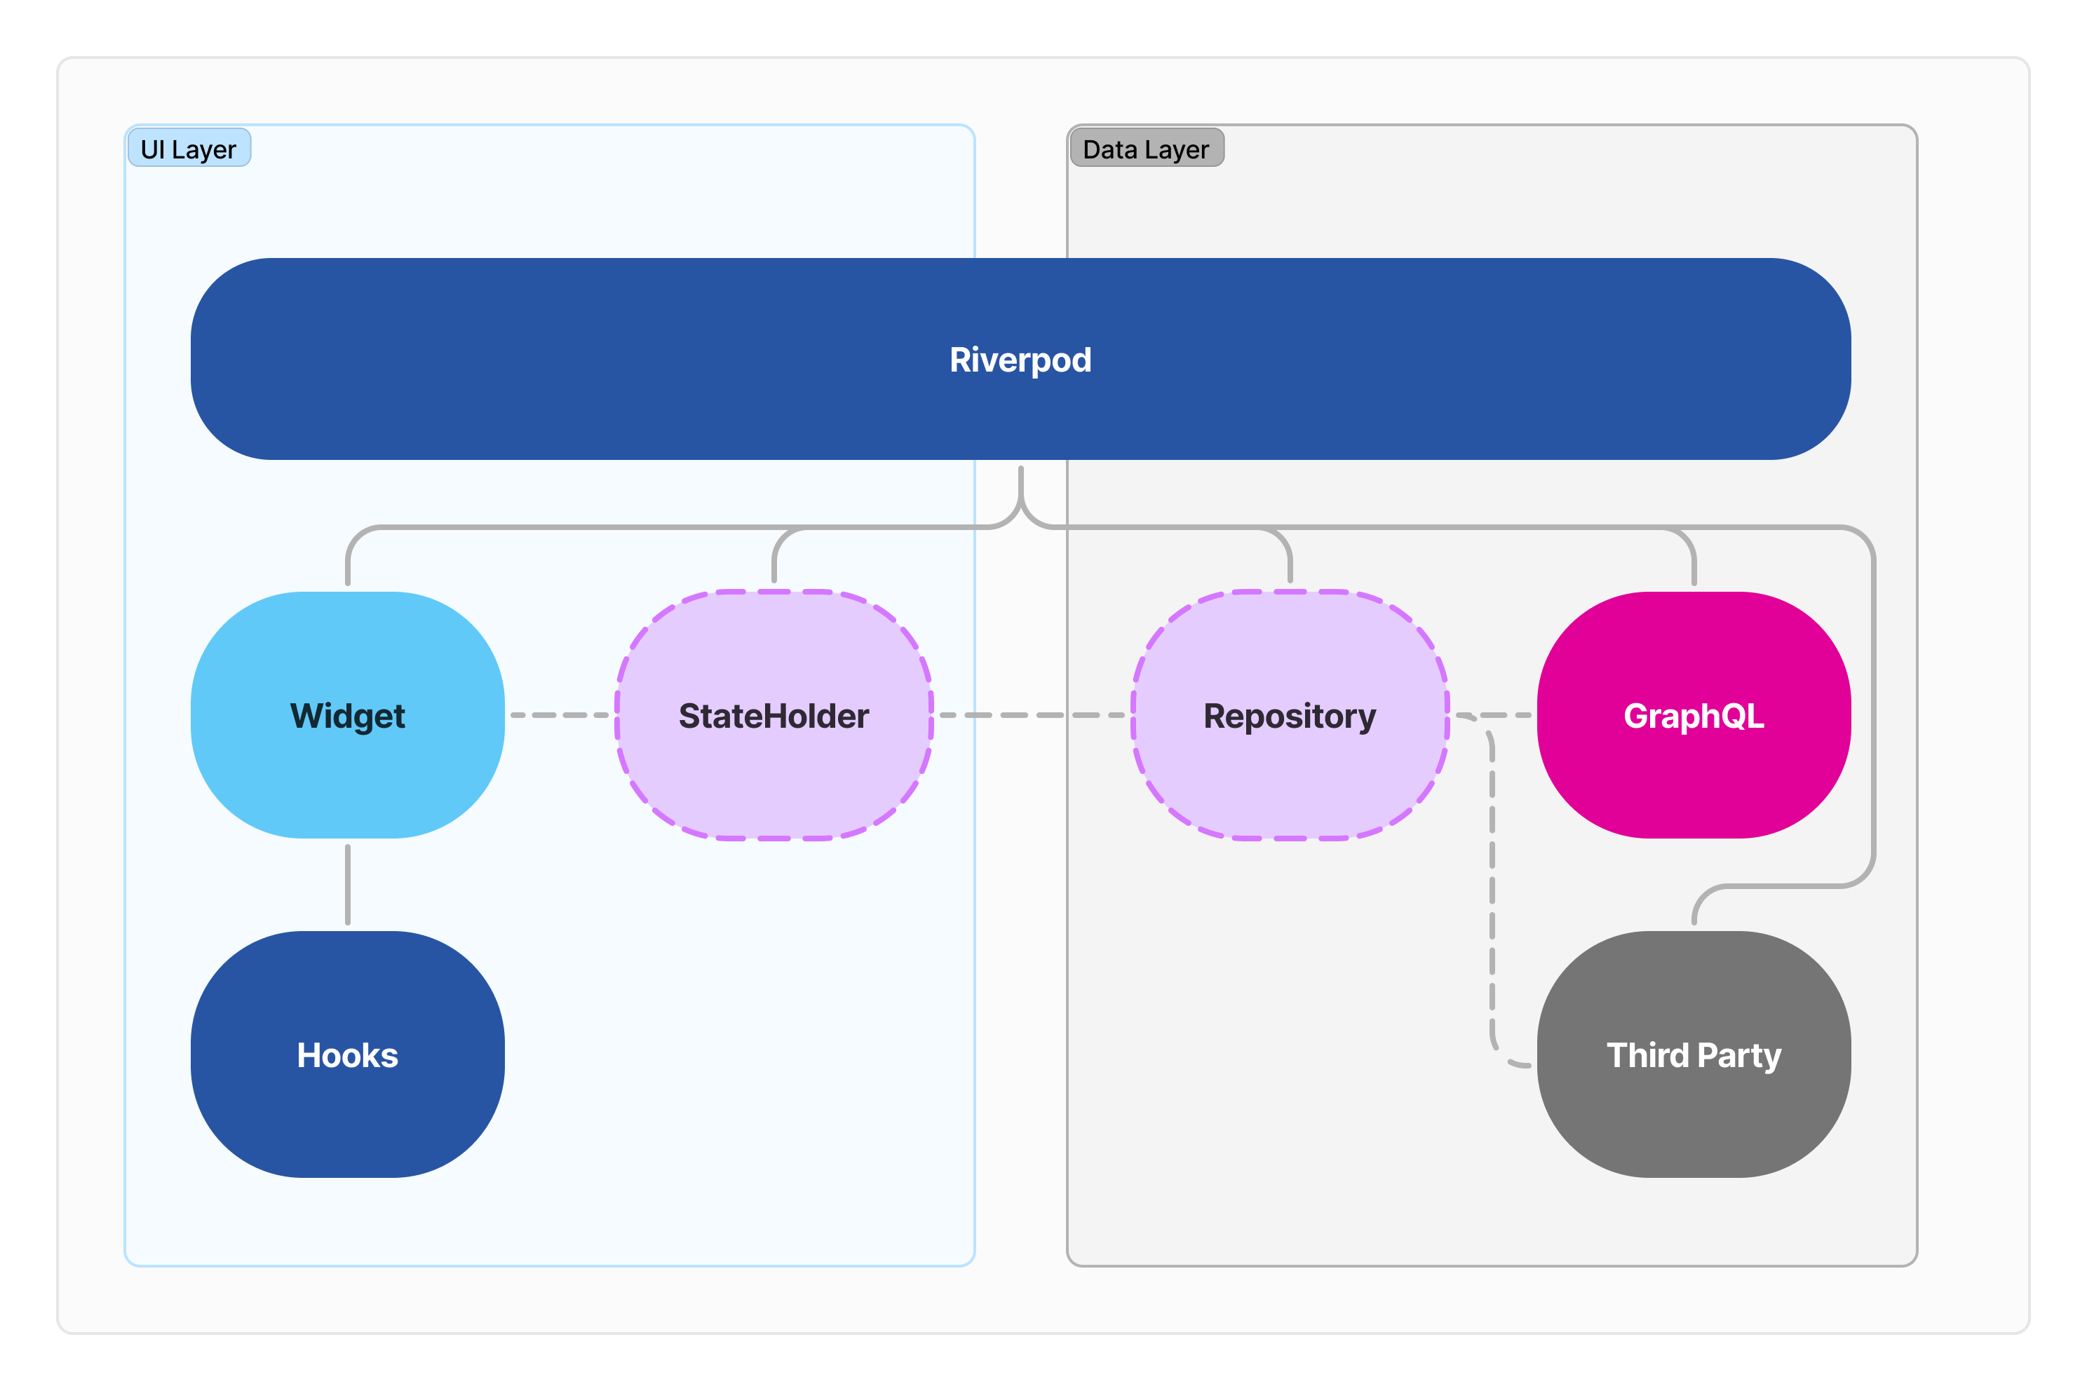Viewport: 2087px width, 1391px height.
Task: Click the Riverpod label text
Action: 1020,360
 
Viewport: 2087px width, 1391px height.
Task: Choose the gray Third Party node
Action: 1694,1109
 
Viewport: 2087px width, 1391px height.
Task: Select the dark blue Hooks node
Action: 348,1109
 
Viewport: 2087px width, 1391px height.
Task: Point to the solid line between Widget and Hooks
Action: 348,885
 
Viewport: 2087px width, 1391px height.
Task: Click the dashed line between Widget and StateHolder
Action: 561,715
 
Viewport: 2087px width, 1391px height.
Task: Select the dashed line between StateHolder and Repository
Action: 1032,715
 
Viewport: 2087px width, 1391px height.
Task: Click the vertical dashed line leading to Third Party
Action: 1492,887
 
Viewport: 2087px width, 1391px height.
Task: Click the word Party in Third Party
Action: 1739,1056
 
